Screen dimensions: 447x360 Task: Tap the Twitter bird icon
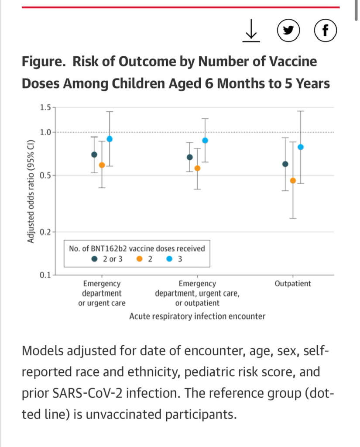point(288,31)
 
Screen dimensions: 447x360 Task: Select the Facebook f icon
point(325,31)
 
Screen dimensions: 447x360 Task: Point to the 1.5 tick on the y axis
point(45,107)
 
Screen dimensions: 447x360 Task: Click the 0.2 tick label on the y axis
point(45,232)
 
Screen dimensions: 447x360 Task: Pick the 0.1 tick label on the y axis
point(45,275)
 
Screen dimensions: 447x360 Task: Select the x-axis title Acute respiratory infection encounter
point(197,316)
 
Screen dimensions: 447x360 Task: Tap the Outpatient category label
point(293,284)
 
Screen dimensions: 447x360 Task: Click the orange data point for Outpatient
point(293,181)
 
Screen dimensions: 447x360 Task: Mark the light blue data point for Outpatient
point(300,147)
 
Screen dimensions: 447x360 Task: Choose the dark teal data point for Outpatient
point(285,164)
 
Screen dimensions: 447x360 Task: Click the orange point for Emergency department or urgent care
point(102,165)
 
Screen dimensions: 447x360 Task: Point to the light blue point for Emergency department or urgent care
point(110,139)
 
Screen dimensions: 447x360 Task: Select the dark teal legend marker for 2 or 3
point(94,259)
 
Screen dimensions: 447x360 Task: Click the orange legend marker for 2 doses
point(140,259)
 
